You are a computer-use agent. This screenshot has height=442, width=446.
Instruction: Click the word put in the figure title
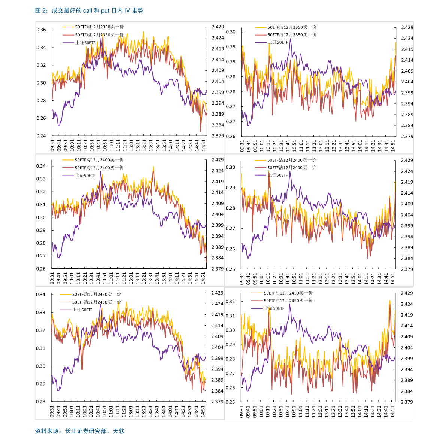click(105, 11)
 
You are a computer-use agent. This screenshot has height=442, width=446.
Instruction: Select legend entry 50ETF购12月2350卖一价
click(99, 27)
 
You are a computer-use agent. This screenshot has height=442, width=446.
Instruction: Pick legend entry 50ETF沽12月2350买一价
click(292, 35)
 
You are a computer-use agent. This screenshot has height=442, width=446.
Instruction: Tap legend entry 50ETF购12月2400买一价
click(99, 168)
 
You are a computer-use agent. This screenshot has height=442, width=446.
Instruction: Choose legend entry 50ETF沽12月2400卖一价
click(291, 160)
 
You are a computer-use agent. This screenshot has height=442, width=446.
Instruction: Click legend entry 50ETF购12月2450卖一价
click(96, 295)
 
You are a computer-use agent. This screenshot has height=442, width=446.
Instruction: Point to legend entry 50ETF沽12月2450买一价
click(288, 301)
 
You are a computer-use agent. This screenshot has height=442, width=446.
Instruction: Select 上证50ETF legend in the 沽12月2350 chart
click(278, 42)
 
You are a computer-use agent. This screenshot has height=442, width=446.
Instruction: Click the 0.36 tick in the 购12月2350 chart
click(41, 30)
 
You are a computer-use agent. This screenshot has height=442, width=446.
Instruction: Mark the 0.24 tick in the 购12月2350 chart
click(41, 136)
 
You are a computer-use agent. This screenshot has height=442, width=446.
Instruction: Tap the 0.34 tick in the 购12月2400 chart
click(41, 166)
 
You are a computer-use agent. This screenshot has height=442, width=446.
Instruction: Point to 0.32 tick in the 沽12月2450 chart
click(230, 301)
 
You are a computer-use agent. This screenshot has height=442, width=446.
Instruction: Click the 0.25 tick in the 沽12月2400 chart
click(230, 269)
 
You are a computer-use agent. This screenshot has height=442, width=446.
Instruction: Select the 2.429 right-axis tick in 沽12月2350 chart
click(407, 27)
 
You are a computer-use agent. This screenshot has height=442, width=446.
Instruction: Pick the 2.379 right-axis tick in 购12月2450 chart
click(217, 402)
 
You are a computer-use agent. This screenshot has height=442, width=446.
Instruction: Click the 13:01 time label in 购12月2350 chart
click(131, 146)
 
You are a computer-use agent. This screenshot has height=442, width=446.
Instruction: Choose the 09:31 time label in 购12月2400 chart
click(52, 278)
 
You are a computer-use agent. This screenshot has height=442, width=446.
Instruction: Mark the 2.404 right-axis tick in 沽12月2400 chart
click(407, 215)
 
